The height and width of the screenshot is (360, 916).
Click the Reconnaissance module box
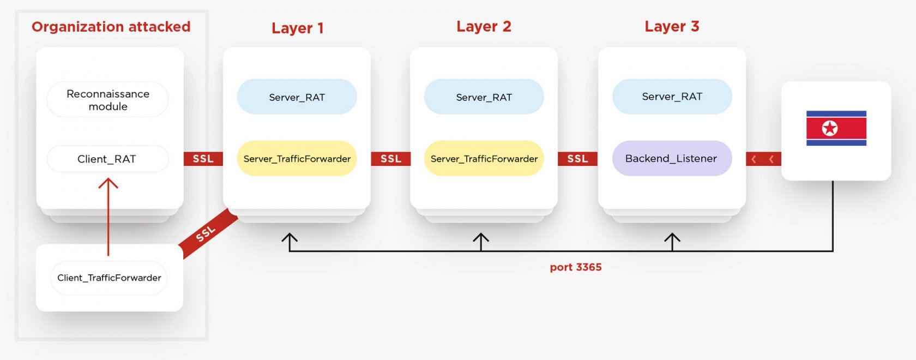(x=107, y=100)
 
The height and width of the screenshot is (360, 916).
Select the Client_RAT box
(x=107, y=159)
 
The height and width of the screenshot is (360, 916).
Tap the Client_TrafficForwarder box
(x=109, y=278)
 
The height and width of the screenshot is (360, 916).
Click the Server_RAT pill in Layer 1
(x=297, y=97)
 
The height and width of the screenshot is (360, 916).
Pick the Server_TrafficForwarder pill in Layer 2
(x=484, y=159)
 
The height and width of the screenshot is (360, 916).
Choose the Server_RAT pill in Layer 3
(x=672, y=97)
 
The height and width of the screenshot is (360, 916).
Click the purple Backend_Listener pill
(x=672, y=159)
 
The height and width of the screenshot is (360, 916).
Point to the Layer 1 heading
(x=298, y=28)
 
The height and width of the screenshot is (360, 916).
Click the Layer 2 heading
(x=484, y=27)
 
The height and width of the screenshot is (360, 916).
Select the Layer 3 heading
(x=672, y=27)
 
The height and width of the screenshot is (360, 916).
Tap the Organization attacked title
(x=111, y=27)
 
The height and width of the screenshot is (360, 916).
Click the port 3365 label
(x=576, y=267)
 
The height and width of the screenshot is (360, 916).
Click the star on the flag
(x=830, y=129)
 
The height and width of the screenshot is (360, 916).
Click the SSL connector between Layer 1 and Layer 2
(x=390, y=159)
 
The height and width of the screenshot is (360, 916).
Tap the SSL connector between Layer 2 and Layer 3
(x=577, y=159)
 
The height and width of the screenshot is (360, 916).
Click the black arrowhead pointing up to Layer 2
(x=480, y=238)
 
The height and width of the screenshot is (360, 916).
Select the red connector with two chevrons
(x=763, y=159)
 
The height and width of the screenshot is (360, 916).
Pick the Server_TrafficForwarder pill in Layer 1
(x=297, y=159)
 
